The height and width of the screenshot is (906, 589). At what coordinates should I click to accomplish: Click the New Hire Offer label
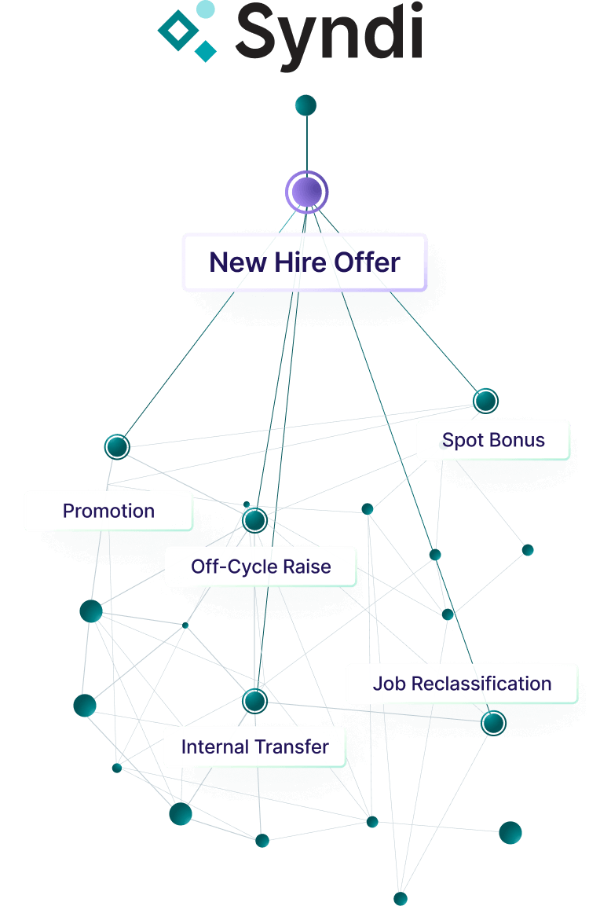pos(305,262)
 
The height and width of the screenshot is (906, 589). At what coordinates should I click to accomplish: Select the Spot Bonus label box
pos(493,440)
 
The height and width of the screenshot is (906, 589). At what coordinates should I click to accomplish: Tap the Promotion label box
pos(108,512)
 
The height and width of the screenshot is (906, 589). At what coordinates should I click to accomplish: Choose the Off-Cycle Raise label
pos(261,567)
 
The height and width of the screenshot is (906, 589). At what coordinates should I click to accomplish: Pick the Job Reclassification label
pos(462,684)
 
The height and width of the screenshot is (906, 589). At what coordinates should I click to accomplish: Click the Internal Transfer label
pos(254,746)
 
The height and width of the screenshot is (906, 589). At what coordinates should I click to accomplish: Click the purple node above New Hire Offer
pos(306,192)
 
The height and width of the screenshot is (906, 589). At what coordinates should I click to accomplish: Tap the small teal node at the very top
pos(305,105)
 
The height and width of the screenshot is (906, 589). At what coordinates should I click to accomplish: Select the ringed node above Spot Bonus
pos(485,401)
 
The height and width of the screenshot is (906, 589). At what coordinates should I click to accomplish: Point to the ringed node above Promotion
pos(117,447)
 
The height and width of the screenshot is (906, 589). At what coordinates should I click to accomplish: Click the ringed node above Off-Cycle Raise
pos(254,519)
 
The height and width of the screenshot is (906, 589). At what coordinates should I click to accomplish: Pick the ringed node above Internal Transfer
pos(254,700)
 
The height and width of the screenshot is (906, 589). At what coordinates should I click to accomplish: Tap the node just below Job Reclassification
pos(493,721)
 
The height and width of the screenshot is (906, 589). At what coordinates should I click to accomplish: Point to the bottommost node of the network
pos(401,898)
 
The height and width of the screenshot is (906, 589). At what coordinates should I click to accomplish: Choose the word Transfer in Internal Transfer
pos(292,746)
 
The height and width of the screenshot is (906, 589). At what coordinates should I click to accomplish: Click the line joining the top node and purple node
pos(306,145)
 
